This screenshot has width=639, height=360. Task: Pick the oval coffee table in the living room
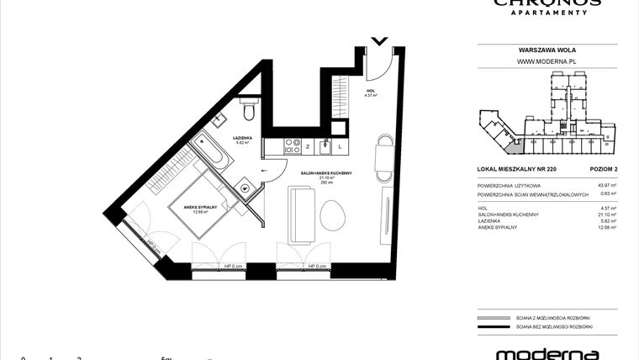pos(331,214)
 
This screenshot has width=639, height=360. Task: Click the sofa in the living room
pos(301,214)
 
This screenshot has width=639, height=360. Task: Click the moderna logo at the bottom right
pos(547,353)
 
